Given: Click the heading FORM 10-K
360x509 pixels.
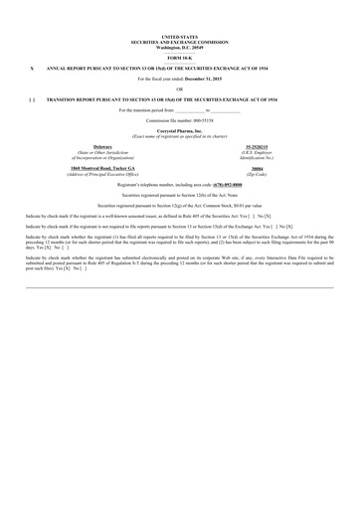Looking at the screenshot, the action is [179, 60].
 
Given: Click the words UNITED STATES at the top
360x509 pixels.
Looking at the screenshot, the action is [179, 36].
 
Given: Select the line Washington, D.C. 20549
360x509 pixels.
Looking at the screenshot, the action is [179, 47].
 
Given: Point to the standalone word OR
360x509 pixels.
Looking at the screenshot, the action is [179, 89].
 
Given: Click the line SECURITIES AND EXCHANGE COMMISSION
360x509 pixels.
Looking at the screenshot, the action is [179, 42].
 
